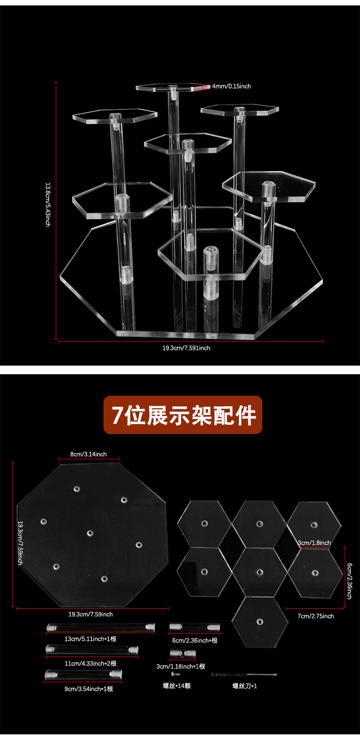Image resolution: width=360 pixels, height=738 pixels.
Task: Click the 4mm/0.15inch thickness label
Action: [x=231, y=86]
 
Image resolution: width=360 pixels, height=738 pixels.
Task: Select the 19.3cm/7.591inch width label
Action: [x=186, y=348]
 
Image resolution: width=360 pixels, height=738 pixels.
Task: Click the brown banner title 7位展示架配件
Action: [x=183, y=415]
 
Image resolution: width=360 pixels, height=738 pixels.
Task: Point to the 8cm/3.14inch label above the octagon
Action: [x=89, y=454]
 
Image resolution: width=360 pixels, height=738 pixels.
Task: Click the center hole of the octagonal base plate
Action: [x=90, y=534]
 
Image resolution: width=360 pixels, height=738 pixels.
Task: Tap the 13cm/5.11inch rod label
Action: [x=90, y=639]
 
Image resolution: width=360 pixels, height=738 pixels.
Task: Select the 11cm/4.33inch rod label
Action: [x=90, y=663]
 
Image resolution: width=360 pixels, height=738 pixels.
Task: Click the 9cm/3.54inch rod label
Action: [x=89, y=689]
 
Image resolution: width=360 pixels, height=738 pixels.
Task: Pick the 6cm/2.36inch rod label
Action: [x=195, y=640]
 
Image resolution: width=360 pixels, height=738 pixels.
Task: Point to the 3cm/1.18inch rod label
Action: [x=180, y=666]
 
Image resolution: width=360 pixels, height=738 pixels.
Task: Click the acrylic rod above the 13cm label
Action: [x=101, y=627]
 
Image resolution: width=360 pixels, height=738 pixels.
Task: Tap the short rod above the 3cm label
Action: [x=183, y=653]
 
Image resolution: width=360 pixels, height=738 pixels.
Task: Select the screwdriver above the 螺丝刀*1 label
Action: [x=244, y=675]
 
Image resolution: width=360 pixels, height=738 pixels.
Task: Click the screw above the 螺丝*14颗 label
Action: [x=175, y=674]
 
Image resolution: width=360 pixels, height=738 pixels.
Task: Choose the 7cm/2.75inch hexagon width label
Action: [x=315, y=616]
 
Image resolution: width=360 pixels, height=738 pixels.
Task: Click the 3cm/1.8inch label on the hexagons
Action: [x=314, y=543]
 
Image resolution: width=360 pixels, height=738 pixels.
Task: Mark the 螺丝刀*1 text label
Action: [x=244, y=686]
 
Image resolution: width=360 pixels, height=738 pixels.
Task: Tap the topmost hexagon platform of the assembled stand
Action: [x=172, y=87]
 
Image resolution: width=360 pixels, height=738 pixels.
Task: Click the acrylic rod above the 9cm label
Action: [x=83, y=675]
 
